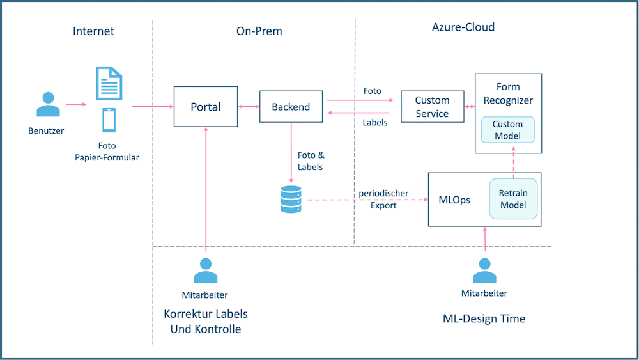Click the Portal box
coord(206,107)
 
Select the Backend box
coord(291,107)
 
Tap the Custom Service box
coord(432,107)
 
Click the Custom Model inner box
coord(508,130)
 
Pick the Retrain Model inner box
coord(513,199)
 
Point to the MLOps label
coord(454,200)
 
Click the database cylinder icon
coord(291,200)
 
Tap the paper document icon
coord(109,83)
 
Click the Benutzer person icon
coord(48,106)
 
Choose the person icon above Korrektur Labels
coord(206,271)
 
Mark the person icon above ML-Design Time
coord(484,270)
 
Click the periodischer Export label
coord(383,199)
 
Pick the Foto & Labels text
coord(311,161)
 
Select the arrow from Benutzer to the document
coord(75,104)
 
